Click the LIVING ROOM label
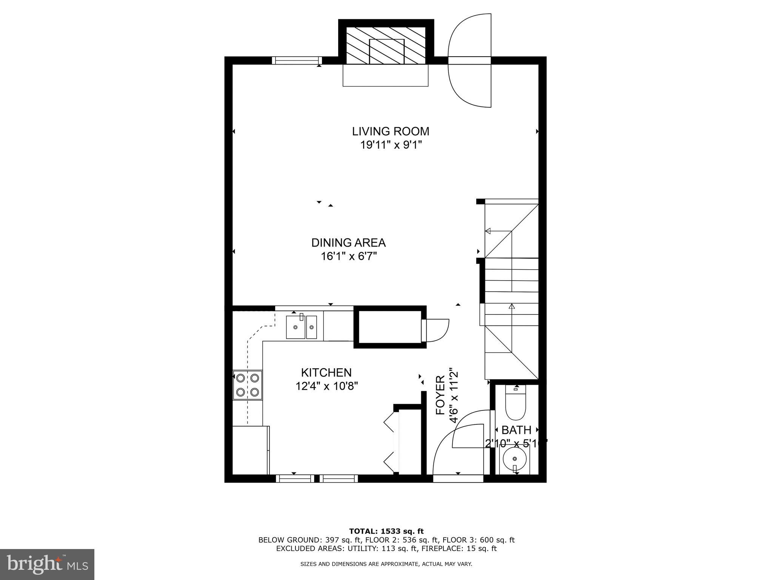tap(390, 131)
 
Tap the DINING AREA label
tap(348, 242)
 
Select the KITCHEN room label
tap(326, 373)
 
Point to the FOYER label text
tap(440, 395)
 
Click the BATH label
tap(516, 430)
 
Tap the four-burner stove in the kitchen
tap(248, 385)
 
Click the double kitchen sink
tap(301, 327)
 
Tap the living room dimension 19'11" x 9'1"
tap(390, 145)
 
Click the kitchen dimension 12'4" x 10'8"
tap(326, 386)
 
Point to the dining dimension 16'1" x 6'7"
tap(348, 256)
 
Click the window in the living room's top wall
tap(297, 60)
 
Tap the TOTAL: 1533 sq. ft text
tap(386, 531)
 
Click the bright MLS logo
tap(47, 564)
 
